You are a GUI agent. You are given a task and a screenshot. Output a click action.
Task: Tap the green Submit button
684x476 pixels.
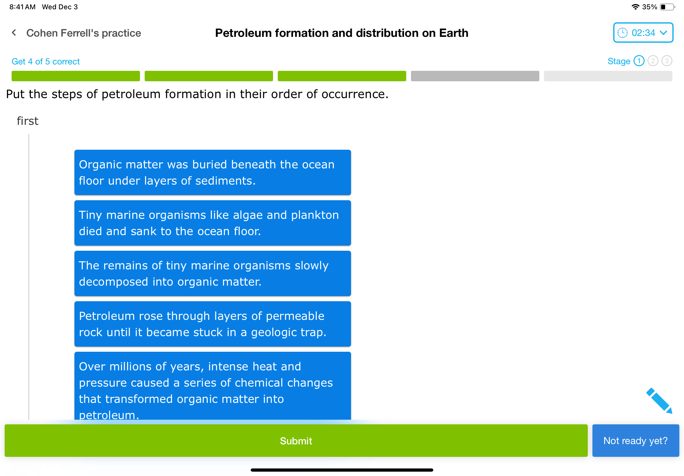pyautogui.click(x=296, y=441)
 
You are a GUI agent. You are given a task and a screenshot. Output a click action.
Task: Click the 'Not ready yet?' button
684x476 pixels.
pyautogui.click(x=635, y=441)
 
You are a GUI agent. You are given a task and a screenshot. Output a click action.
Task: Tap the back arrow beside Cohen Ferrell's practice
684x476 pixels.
pyautogui.click(x=14, y=33)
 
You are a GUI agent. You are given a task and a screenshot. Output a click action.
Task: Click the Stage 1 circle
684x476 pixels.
pyautogui.click(x=638, y=61)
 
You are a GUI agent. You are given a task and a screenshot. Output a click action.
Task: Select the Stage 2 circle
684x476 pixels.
pyautogui.click(x=652, y=61)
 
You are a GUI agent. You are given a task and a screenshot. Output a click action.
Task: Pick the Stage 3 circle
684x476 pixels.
pyautogui.click(x=666, y=61)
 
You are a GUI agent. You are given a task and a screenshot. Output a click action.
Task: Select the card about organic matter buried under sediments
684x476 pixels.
pyautogui.click(x=212, y=172)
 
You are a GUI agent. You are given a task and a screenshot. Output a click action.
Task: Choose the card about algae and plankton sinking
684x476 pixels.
pyautogui.click(x=212, y=223)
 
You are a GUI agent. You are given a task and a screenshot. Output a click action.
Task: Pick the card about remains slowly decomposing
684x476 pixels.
pyautogui.click(x=212, y=273)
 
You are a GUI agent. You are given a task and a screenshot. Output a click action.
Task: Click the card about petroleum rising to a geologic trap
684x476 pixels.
pyautogui.click(x=212, y=324)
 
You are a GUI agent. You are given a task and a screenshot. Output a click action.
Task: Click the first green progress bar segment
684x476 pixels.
pyautogui.click(x=76, y=76)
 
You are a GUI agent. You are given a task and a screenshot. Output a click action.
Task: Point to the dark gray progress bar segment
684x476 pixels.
pyautogui.click(x=475, y=76)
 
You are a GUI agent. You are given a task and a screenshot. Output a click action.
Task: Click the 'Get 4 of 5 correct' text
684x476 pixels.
pyautogui.click(x=46, y=62)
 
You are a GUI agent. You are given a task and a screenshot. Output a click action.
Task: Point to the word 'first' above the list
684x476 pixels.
pyautogui.click(x=28, y=121)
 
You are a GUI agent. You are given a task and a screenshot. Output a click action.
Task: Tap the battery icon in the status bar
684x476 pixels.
pyautogui.click(x=667, y=7)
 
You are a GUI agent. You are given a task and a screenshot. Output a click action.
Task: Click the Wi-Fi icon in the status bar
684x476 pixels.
pyautogui.click(x=635, y=7)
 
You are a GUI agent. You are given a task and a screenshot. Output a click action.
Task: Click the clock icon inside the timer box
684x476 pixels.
pyautogui.click(x=622, y=33)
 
